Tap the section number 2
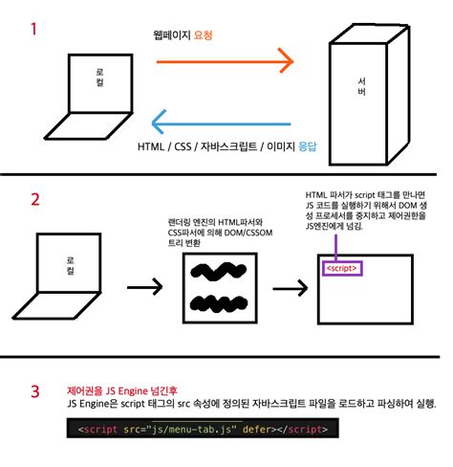click(x=34, y=199)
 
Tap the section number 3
click(x=34, y=391)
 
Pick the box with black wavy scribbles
click(x=220, y=288)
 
